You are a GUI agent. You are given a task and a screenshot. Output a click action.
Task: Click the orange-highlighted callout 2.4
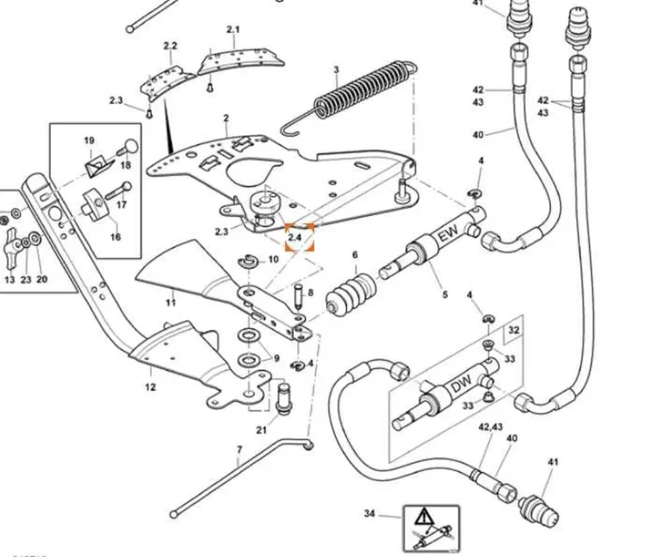[x=298, y=234]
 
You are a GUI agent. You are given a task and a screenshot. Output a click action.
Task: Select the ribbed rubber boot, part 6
[x=351, y=295]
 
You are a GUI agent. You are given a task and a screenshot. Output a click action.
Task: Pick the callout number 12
[x=151, y=387]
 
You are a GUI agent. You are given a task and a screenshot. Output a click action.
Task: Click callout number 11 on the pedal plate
[x=171, y=301]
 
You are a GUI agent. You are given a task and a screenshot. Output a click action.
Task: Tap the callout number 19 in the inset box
[x=89, y=140]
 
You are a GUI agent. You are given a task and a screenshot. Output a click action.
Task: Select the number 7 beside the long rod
[x=239, y=450]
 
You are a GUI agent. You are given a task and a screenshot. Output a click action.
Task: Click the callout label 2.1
[x=233, y=29]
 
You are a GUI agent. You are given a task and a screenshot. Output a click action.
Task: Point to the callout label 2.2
[x=170, y=45]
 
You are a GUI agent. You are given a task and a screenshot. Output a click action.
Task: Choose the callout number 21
[x=261, y=429]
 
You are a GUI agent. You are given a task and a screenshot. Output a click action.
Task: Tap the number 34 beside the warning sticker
[x=369, y=515]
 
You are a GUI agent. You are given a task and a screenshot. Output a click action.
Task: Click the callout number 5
[x=445, y=295]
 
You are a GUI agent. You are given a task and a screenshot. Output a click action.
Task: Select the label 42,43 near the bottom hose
[x=490, y=426]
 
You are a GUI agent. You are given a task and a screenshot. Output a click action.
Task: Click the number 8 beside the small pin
[x=310, y=294]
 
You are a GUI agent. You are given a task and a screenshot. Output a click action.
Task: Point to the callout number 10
[x=273, y=259]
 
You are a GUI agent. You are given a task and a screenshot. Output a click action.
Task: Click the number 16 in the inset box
[x=115, y=236]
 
